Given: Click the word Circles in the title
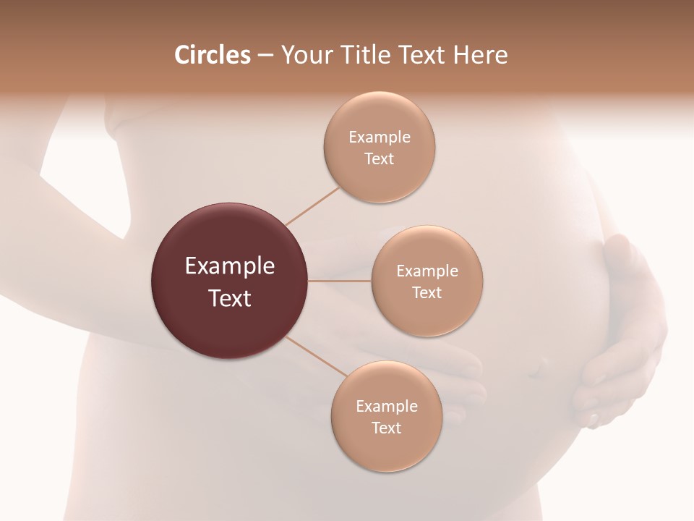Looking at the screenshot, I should [212, 55].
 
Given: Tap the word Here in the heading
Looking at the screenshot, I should [481, 55].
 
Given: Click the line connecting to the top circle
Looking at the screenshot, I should [312, 206].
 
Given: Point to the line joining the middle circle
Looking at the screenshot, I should [339, 281].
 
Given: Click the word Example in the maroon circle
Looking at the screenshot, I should [230, 266].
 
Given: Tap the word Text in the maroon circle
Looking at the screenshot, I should [230, 297].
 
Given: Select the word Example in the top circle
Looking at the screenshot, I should [379, 137].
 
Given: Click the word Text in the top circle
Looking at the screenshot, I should [379, 158].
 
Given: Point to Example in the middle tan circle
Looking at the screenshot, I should [427, 271].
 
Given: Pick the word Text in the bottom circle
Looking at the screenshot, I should [386, 428].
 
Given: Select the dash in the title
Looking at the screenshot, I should [265, 56].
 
